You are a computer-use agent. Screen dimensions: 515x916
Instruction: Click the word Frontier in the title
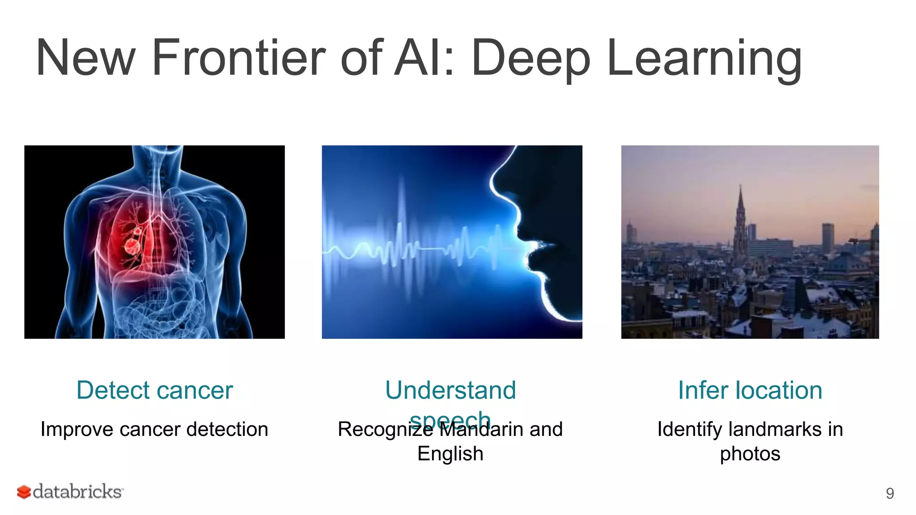(x=238, y=58)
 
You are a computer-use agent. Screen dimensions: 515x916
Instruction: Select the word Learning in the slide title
(x=704, y=58)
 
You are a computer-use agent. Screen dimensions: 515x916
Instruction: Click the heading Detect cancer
(x=154, y=390)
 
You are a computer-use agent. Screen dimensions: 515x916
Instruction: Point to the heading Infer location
(x=750, y=390)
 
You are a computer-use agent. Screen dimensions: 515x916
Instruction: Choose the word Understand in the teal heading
(x=450, y=390)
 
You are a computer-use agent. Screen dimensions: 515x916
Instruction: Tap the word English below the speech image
(x=450, y=453)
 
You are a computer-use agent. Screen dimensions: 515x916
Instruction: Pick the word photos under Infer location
(x=750, y=453)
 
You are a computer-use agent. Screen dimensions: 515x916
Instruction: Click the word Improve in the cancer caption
(x=76, y=429)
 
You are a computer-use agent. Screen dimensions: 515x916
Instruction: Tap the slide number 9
(x=890, y=493)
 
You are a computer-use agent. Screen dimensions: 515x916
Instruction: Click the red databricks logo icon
(x=24, y=492)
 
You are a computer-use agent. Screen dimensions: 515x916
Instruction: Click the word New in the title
(x=85, y=58)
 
